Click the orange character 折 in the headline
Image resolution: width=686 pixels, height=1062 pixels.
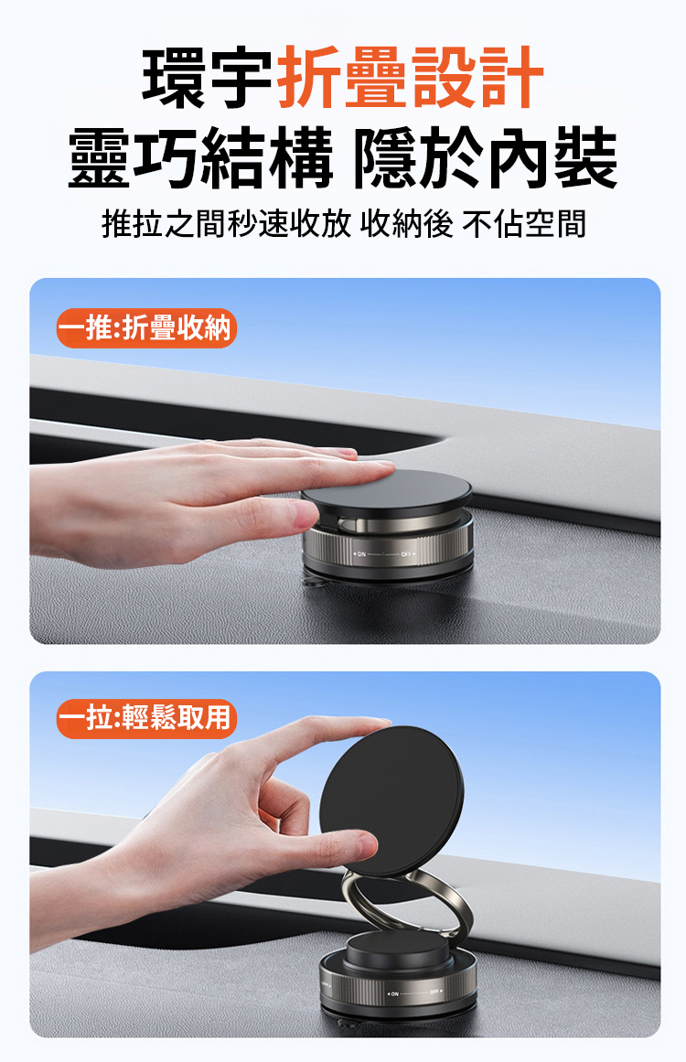310,77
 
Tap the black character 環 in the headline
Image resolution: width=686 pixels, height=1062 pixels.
174,77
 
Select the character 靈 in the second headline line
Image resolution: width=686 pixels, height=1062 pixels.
101,158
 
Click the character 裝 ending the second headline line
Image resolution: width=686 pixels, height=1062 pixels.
585,158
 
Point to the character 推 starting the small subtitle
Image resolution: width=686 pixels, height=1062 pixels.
117,223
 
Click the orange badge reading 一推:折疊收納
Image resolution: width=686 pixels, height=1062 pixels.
146,328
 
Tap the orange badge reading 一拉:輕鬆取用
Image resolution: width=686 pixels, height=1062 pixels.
146,718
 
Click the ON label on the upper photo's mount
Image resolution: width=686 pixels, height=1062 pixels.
361,554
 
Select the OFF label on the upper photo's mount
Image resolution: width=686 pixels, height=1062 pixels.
406,554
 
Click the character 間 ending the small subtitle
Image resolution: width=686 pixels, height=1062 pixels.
570,223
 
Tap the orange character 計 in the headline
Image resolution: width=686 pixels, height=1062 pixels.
512,77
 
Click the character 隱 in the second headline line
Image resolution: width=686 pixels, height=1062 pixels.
386,158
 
